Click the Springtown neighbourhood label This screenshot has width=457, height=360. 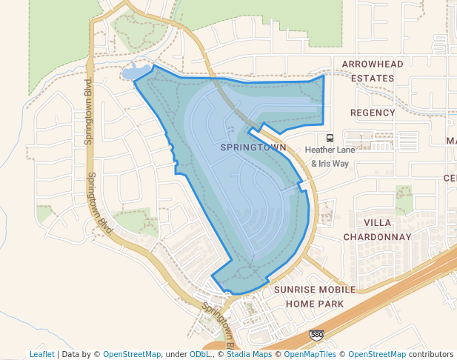pos(253,148)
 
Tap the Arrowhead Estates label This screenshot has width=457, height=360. pos(373,71)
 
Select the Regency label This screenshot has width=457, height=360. pos(373,113)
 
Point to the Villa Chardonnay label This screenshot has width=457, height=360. pos(377,230)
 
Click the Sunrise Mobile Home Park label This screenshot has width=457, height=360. pos(314,296)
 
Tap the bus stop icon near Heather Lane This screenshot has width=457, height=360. pos(330,138)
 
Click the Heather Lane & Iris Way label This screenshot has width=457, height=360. pos(330,156)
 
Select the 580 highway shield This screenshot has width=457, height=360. pos(316,336)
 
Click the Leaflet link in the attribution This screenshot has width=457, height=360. pos(42,354)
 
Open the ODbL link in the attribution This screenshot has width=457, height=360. pos(199,354)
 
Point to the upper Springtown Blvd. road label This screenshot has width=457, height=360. pos(88,111)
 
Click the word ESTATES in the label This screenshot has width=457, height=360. pos(373,78)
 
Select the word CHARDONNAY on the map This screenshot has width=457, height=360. pos(377,237)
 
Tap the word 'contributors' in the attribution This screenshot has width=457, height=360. pos(430,354)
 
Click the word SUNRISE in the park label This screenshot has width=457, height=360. pos(295,290)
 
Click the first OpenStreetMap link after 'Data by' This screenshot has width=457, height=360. pos(132,354)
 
